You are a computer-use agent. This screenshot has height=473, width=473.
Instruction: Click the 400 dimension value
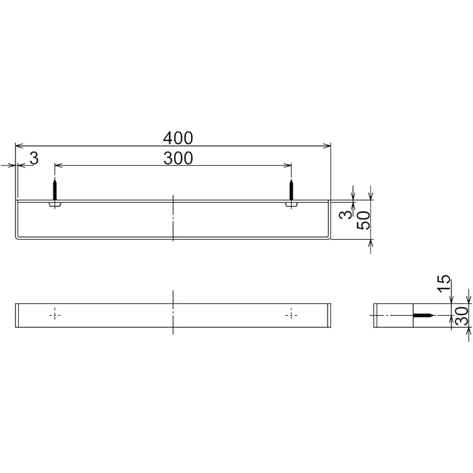coord(178,138)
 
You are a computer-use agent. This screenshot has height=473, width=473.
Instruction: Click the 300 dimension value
coord(178,158)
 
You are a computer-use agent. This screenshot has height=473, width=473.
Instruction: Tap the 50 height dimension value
coord(364,220)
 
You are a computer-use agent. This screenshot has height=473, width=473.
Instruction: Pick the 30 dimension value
coord(462,315)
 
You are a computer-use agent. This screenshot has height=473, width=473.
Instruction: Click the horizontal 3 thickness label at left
coord(34,158)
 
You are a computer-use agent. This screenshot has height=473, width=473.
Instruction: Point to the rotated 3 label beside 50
coord(347,215)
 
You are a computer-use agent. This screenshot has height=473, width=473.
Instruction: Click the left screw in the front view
coord(55,189)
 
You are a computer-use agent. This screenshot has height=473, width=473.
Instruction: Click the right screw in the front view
coord(291,189)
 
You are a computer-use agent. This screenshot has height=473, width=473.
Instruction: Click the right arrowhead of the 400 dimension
coord(327,146)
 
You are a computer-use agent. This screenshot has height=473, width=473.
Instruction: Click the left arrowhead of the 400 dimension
coord(18,146)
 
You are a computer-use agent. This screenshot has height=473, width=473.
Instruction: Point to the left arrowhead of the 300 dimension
coord(58,165)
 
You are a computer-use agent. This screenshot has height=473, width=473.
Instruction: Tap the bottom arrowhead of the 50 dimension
coord(370,243)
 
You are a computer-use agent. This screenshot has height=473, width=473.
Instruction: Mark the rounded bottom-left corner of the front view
coord(18,238)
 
